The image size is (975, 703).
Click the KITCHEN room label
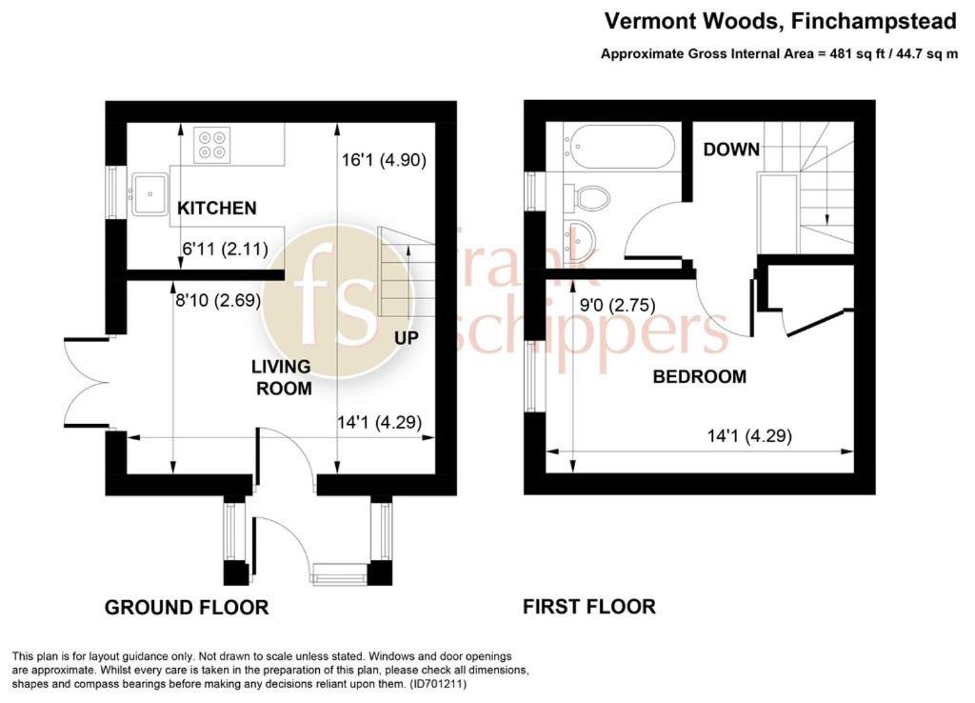coord(216,208)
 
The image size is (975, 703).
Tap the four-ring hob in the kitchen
coord(211,145)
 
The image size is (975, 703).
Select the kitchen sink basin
coord(149,193)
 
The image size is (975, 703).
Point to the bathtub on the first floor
coord(618,147)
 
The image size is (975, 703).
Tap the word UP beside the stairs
coord(407,338)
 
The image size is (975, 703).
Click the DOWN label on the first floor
coord(731,150)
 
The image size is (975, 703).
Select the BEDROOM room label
coord(700,376)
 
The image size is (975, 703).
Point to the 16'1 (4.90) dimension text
coord(384,160)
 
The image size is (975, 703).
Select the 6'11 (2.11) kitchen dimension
coord(225,250)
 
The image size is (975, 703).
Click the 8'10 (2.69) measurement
coord(218,301)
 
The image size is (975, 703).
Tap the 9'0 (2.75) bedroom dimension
coord(617,306)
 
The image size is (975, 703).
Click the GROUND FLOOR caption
coord(187,607)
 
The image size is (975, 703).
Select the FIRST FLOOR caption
coord(589,607)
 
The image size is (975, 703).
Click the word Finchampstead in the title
coord(873,21)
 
